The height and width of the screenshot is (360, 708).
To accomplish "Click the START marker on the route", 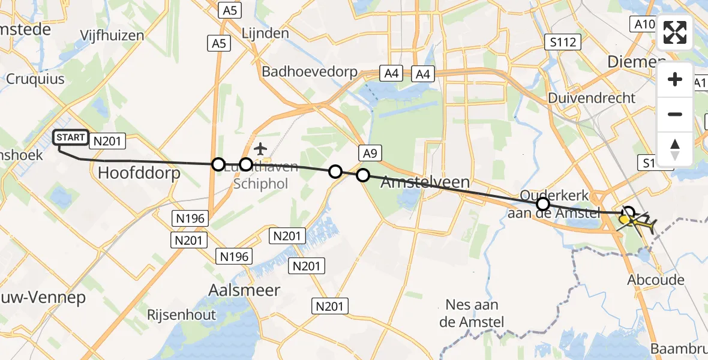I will (71, 138).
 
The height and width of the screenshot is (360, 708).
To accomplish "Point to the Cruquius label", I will (35, 79).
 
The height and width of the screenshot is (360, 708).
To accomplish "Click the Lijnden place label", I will (265, 34).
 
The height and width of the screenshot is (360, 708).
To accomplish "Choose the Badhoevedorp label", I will (310, 72).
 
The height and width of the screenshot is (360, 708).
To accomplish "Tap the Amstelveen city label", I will (425, 182).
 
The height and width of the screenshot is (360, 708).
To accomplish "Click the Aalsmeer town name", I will (243, 290).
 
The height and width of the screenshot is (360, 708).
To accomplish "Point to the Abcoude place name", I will (655, 280).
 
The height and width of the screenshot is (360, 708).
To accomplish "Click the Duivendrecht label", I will (591, 97).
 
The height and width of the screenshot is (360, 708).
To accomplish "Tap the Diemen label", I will (636, 62).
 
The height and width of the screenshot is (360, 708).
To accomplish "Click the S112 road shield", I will (563, 42).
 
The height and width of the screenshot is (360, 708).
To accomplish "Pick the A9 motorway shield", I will (370, 153).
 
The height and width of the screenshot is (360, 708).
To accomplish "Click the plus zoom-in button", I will (675, 79).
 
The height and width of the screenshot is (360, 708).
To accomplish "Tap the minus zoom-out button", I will (675, 114).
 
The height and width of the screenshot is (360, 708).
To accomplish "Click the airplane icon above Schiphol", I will (260, 148).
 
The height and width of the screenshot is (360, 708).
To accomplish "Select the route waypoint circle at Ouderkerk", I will (543, 203).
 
